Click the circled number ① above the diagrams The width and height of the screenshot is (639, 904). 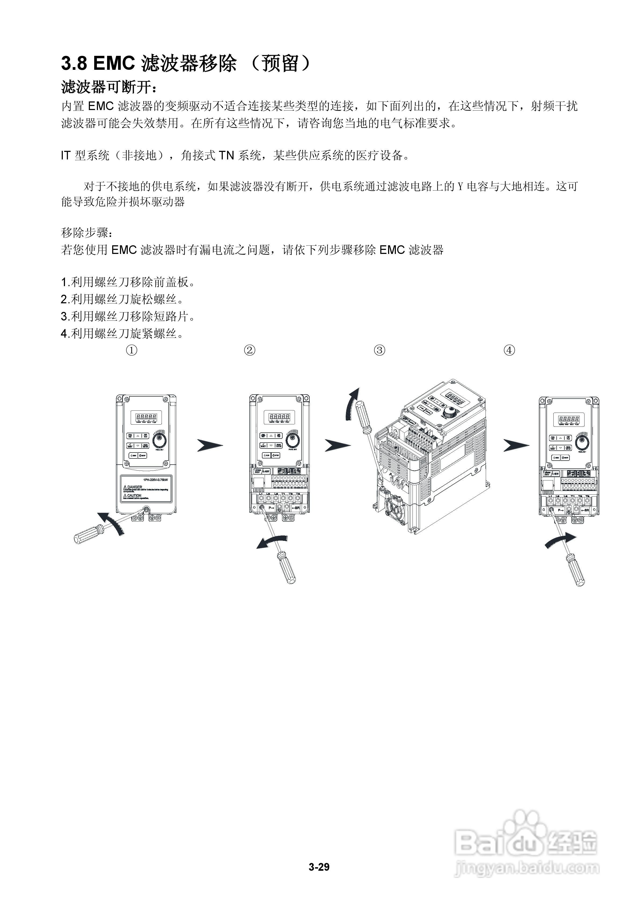[132, 350]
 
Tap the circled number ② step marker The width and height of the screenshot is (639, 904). [250, 350]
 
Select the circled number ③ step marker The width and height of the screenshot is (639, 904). [379, 350]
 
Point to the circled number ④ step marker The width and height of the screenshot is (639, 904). [509, 350]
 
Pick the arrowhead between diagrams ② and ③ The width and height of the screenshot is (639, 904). [337, 445]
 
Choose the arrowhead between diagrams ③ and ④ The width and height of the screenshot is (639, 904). [516, 445]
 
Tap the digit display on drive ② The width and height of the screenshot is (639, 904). [280, 417]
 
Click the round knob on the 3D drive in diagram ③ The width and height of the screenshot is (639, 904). [449, 413]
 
